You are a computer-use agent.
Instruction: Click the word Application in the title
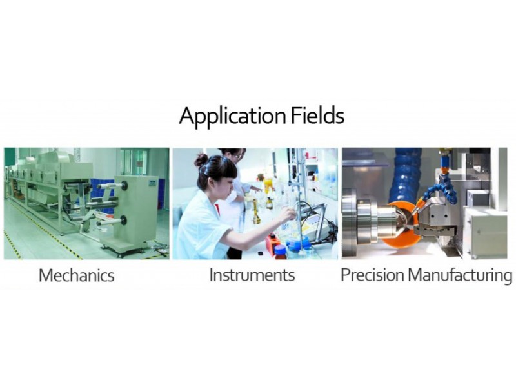pos(233,116)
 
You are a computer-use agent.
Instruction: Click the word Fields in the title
pos(317,115)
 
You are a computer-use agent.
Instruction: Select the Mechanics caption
pos(77,275)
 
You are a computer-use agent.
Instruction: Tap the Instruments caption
pos(252,275)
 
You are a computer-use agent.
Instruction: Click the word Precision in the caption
pos(372,275)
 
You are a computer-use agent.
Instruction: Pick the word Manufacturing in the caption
pos(460,276)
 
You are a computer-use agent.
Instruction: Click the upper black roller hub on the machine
pos(124,186)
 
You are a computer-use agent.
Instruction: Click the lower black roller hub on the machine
pos(124,221)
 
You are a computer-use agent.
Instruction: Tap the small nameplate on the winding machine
pos(153,183)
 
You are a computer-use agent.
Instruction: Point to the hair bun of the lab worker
pos(200,161)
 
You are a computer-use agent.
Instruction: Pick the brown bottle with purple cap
pos(280,252)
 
